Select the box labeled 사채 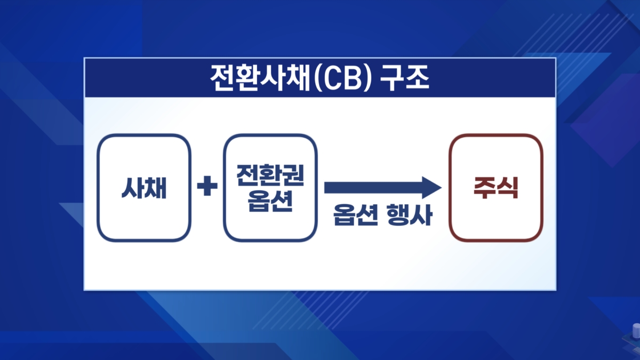tap(143, 187)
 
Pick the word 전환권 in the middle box tap(270, 175)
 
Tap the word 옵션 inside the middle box tap(270, 201)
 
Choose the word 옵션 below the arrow tap(354, 217)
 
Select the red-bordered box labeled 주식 tap(495, 187)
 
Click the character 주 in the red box tap(484, 188)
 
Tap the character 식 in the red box tap(508, 188)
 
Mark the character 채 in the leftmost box tap(155, 188)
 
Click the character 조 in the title tap(418, 78)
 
